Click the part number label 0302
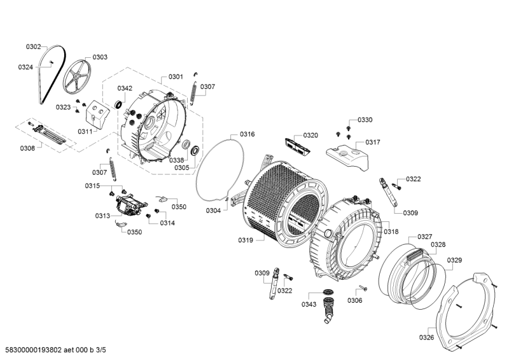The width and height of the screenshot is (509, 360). point(33,46)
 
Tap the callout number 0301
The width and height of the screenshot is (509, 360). point(176,77)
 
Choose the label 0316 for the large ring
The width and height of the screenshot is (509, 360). point(247,134)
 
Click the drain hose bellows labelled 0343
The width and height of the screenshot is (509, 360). point(329,305)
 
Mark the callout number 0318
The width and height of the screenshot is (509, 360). point(391,232)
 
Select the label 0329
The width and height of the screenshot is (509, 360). point(454,260)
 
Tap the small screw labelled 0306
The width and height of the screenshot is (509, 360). point(361,290)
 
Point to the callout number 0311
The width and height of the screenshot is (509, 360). point(85,131)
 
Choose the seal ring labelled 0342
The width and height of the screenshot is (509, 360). point(119,106)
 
